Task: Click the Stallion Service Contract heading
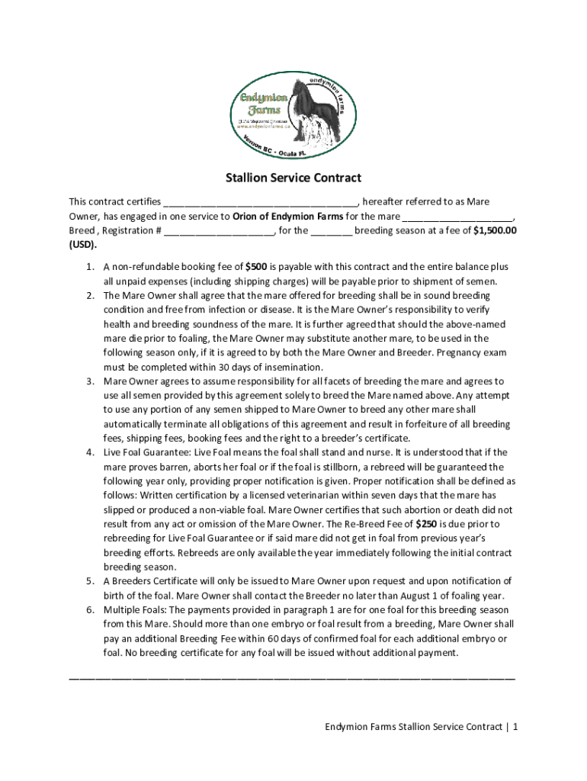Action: [x=293, y=178]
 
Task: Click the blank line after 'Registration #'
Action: [x=219, y=230]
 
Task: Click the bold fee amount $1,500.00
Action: [x=496, y=230]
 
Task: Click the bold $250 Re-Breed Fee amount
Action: [x=426, y=524]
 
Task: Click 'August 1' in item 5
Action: [x=415, y=596]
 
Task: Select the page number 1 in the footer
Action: [x=515, y=727]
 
